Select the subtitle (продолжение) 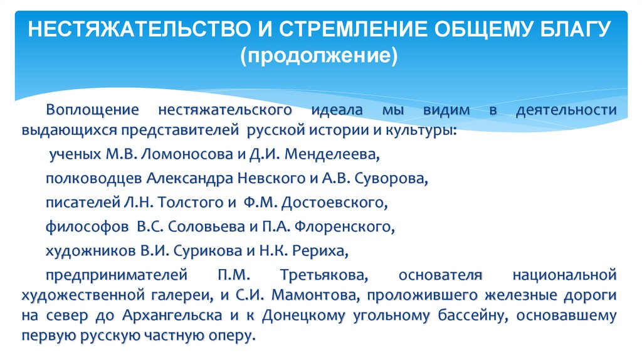(x=321, y=57)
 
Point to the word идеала (x=337, y=110)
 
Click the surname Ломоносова (x=177, y=154)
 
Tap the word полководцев (x=94, y=178)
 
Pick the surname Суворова (x=390, y=178)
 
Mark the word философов (x=85, y=226)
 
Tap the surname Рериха (x=322, y=251)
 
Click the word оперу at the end (x=233, y=336)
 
